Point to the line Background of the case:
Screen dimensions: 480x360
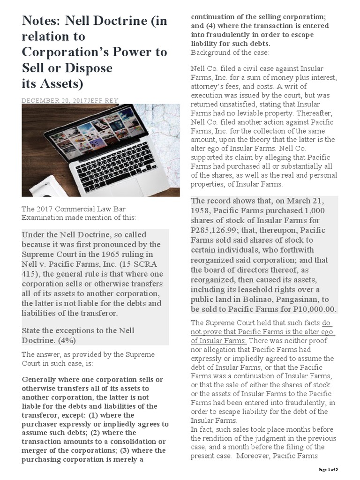click(230, 52)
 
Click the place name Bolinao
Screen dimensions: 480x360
click(252, 299)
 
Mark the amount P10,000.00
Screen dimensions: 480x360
click(313, 309)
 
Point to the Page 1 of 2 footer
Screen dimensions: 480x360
click(328, 469)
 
